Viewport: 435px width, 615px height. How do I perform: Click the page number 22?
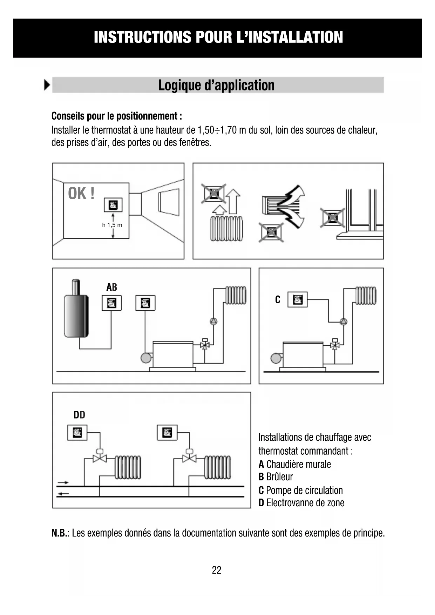click(x=217, y=570)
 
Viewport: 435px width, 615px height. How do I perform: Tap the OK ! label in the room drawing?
click(x=81, y=194)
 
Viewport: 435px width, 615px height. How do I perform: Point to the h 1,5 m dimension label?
click(x=112, y=225)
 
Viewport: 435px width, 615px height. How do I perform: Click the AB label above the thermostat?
click(x=111, y=288)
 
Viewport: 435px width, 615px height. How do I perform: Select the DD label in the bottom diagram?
click(x=79, y=415)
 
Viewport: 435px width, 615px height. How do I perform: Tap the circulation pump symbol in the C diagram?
click(x=344, y=321)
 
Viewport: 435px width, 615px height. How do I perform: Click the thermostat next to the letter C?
click(x=297, y=300)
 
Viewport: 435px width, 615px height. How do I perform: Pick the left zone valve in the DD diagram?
click(x=100, y=457)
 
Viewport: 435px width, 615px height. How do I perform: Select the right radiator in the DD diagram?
click(x=218, y=467)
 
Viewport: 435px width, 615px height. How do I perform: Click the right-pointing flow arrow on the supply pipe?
click(x=63, y=483)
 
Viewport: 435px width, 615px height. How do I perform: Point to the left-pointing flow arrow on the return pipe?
click(x=63, y=494)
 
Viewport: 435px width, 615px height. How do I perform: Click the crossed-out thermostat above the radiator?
click(x=213, y=194)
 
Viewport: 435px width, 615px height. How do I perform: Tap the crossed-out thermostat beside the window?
click(x=332, y=218)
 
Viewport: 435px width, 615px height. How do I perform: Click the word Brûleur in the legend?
click(x=279, y=477)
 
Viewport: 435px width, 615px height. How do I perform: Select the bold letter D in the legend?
click(x=261, y=503)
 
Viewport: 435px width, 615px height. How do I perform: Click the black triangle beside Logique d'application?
click(x=47, y=85)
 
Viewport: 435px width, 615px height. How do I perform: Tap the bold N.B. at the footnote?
click(x=59, y=533)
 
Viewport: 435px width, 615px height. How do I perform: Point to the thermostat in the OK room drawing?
click(x=113, y=205)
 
